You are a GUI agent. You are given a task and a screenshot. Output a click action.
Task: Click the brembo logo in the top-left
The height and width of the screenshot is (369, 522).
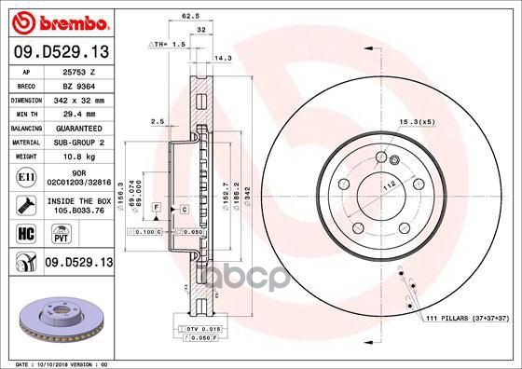[58, 20]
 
